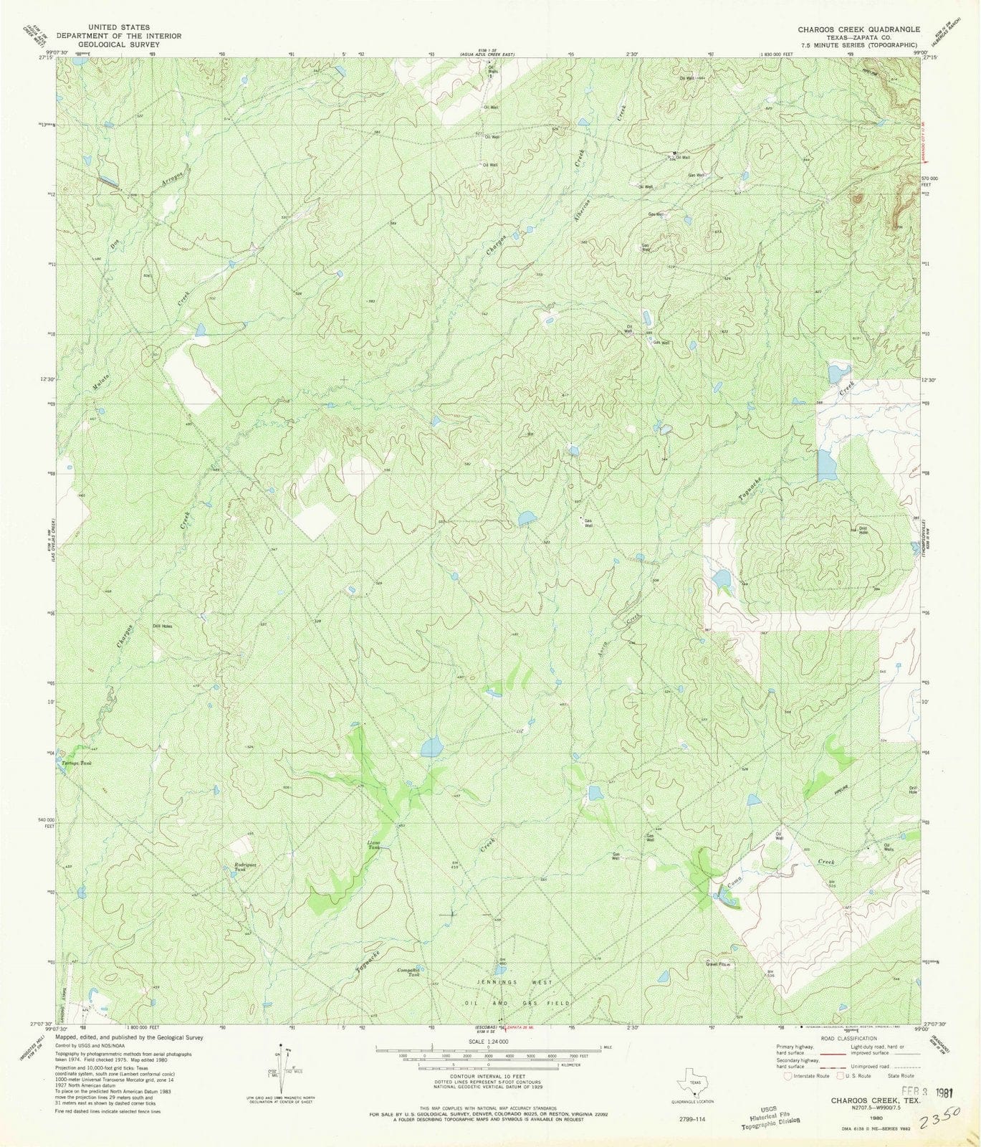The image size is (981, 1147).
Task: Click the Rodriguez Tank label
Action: click(245, 867)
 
